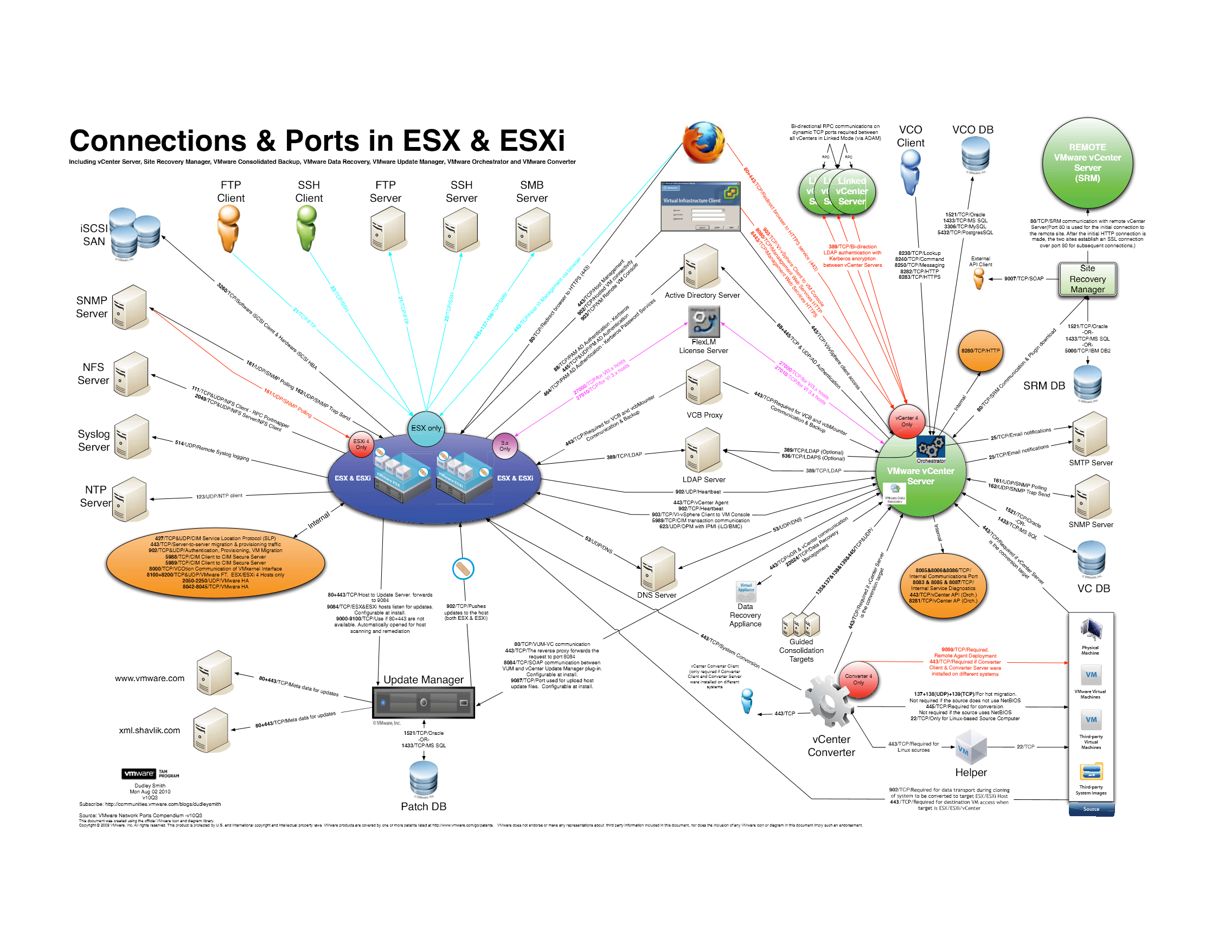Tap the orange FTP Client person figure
(229, 228)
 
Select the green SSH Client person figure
(306, 228)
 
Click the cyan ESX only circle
(427, 428)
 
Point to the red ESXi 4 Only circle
(361, 445)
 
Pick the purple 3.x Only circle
(505, 446)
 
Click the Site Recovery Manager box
(1087, 279)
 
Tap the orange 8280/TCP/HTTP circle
(980, 351)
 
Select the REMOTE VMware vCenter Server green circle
(1087, 163)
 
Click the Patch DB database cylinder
(424, 779)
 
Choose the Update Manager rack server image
(424, 703)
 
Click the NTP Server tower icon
(130, 499)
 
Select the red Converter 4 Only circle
(858, 680)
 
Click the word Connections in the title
(158, 140)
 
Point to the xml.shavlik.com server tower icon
(211, 730)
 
